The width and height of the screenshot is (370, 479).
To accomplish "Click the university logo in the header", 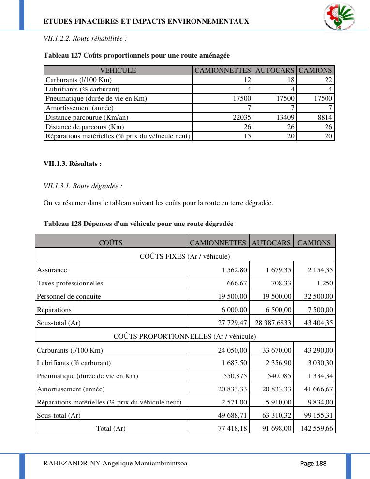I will point(338,17).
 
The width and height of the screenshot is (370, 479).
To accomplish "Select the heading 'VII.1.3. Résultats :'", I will point(73,164).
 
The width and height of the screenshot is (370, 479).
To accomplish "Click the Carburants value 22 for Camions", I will point(327,80).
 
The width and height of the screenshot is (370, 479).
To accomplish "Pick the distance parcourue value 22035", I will point(239,117).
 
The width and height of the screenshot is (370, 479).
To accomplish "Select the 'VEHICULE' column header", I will point(118,71).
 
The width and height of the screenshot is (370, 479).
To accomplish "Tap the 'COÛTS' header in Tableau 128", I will point(111,243).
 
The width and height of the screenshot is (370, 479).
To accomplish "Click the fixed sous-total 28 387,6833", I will point(272,323).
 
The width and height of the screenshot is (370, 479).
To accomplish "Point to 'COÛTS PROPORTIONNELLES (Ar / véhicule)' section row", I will point(185,336).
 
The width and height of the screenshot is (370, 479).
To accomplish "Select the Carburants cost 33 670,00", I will point(277,350).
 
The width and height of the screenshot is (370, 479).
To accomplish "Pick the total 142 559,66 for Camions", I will point(316,428).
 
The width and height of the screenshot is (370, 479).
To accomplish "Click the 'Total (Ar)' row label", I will point(111,428).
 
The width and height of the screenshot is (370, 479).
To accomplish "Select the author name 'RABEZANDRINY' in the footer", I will point(72,464).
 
